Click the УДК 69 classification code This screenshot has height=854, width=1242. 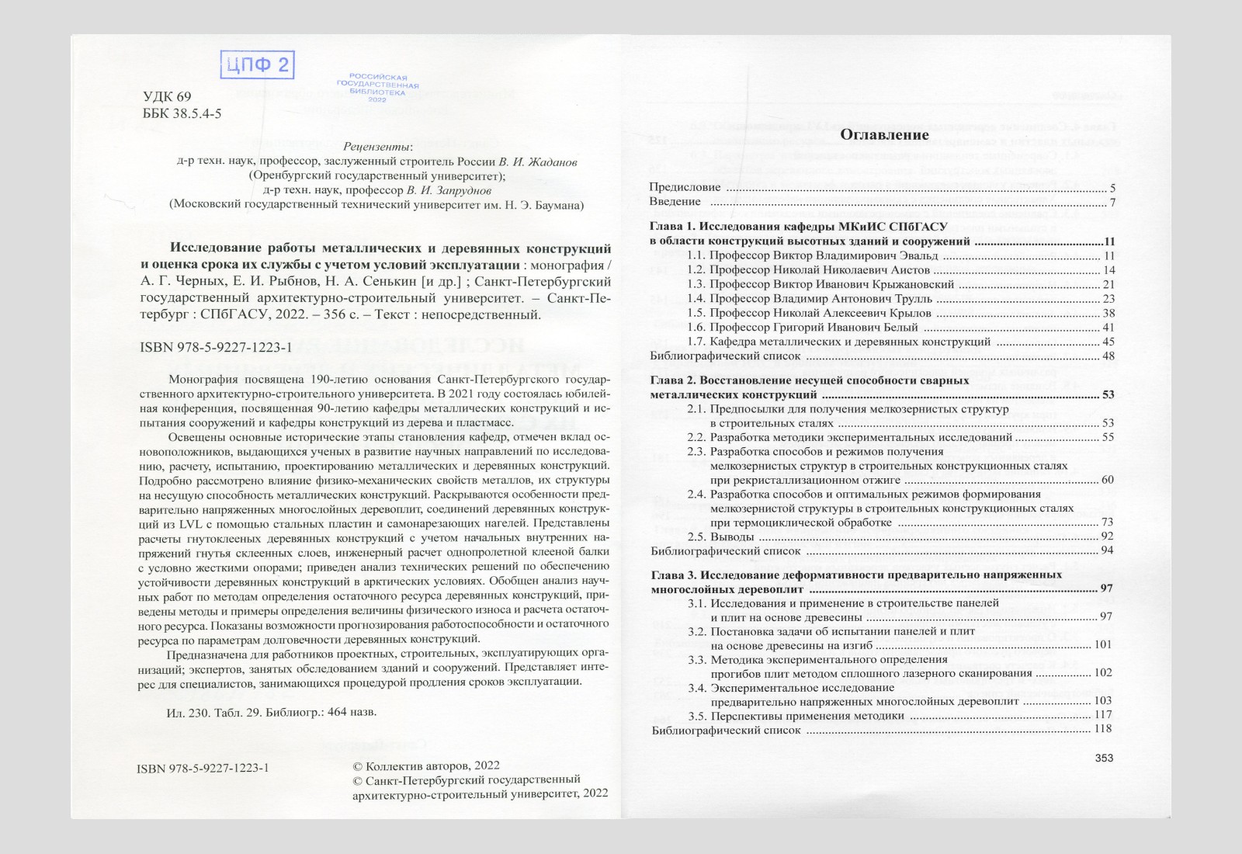pyautogui.click(x=167, y=97)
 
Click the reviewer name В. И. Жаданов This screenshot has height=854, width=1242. pyautogui.click(x=537, y=161)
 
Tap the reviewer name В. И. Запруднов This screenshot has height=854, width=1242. pyautogui.click(x=449, y=190)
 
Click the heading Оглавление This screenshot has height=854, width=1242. pyautogui.click(x=884, y=134)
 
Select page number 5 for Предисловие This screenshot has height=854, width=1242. pyautogui.click(x=1112, y=188)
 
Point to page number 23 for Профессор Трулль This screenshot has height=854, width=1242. pyautogui.click(x=1108, y=299)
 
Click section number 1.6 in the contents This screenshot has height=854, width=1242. pyautogui.click(x=696, y=328)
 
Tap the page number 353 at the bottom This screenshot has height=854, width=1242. pyautogui.click(x=1104, y=759)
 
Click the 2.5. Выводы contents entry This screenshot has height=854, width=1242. pyautogui.click(x=721, y=536)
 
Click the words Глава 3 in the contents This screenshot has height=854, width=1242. pyautogui.click(x=672, y=575)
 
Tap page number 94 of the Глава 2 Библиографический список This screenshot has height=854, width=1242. pyautogui.click(x=1107, y=550)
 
